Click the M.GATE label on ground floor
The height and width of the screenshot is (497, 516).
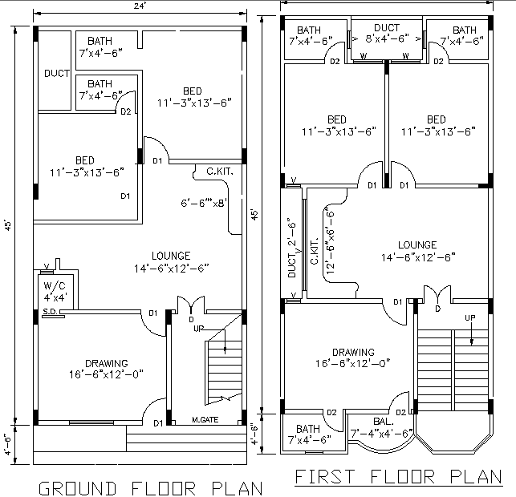point(205,420)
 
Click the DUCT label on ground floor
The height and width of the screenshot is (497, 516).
point(56,74)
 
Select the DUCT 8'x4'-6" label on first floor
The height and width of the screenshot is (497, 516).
point(388,33)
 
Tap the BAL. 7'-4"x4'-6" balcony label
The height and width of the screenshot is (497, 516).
point(382,427)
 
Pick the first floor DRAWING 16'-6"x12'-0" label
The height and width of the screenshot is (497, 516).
point(354,358)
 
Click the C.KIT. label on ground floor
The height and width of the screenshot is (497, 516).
point(220,171)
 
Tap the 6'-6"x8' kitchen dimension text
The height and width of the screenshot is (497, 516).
point(205,203)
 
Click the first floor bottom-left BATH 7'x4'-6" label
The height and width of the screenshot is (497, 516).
point(307,434)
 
